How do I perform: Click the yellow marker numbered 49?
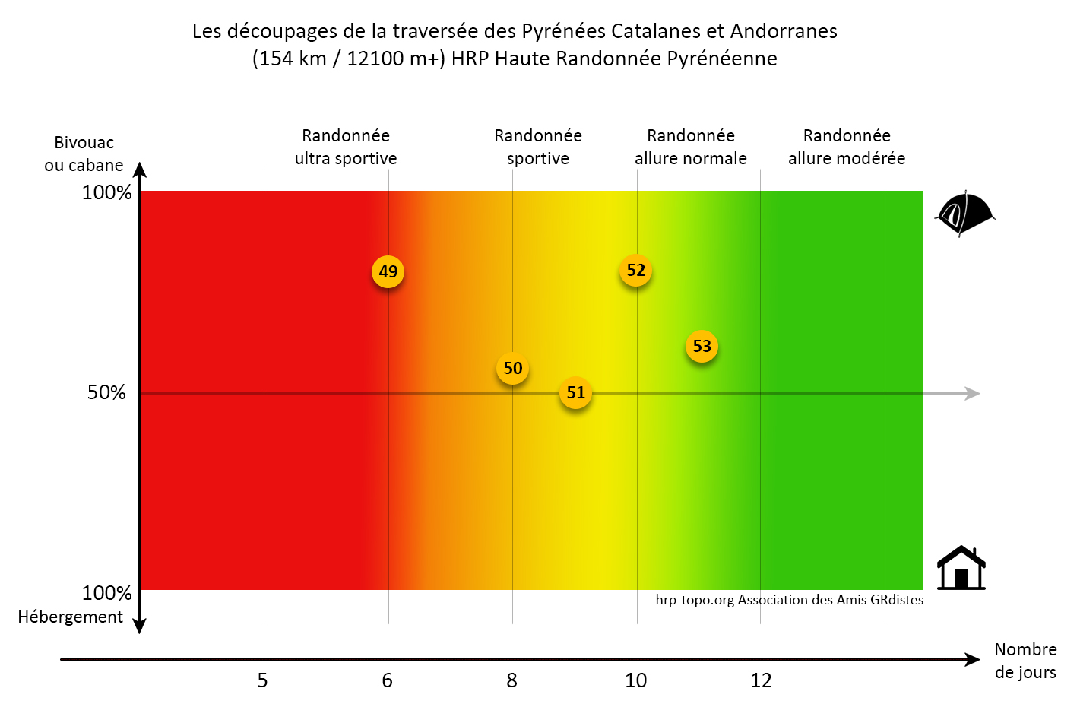(x=388, y=271)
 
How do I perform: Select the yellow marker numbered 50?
(x=513, y=369)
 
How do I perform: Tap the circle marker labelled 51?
(x=575, y=392)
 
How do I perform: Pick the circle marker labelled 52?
(x=635, y=271)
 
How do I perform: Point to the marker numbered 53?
(x=702, y=347)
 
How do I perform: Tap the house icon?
(x=961, y=569)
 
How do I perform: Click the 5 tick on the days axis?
(x=262, y=680)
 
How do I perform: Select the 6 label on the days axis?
(x=387, y=680)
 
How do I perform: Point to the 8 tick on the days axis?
(x=511, y=680)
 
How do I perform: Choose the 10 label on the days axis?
(x=635, y=680)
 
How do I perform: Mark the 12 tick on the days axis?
(x=761, y=680)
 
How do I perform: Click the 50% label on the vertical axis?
(x=106, y=392)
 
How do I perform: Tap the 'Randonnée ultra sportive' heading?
(x=346, y=147)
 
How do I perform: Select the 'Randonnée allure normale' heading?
(x=690, y=147)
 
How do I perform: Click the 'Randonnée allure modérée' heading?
(x=847, y=147)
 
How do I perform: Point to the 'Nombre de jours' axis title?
(x=1025, y=661)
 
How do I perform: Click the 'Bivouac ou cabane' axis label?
(x=84, y=154)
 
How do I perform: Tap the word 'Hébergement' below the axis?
(x=70, y=617)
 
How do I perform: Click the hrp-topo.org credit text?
(x=789, y=600)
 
